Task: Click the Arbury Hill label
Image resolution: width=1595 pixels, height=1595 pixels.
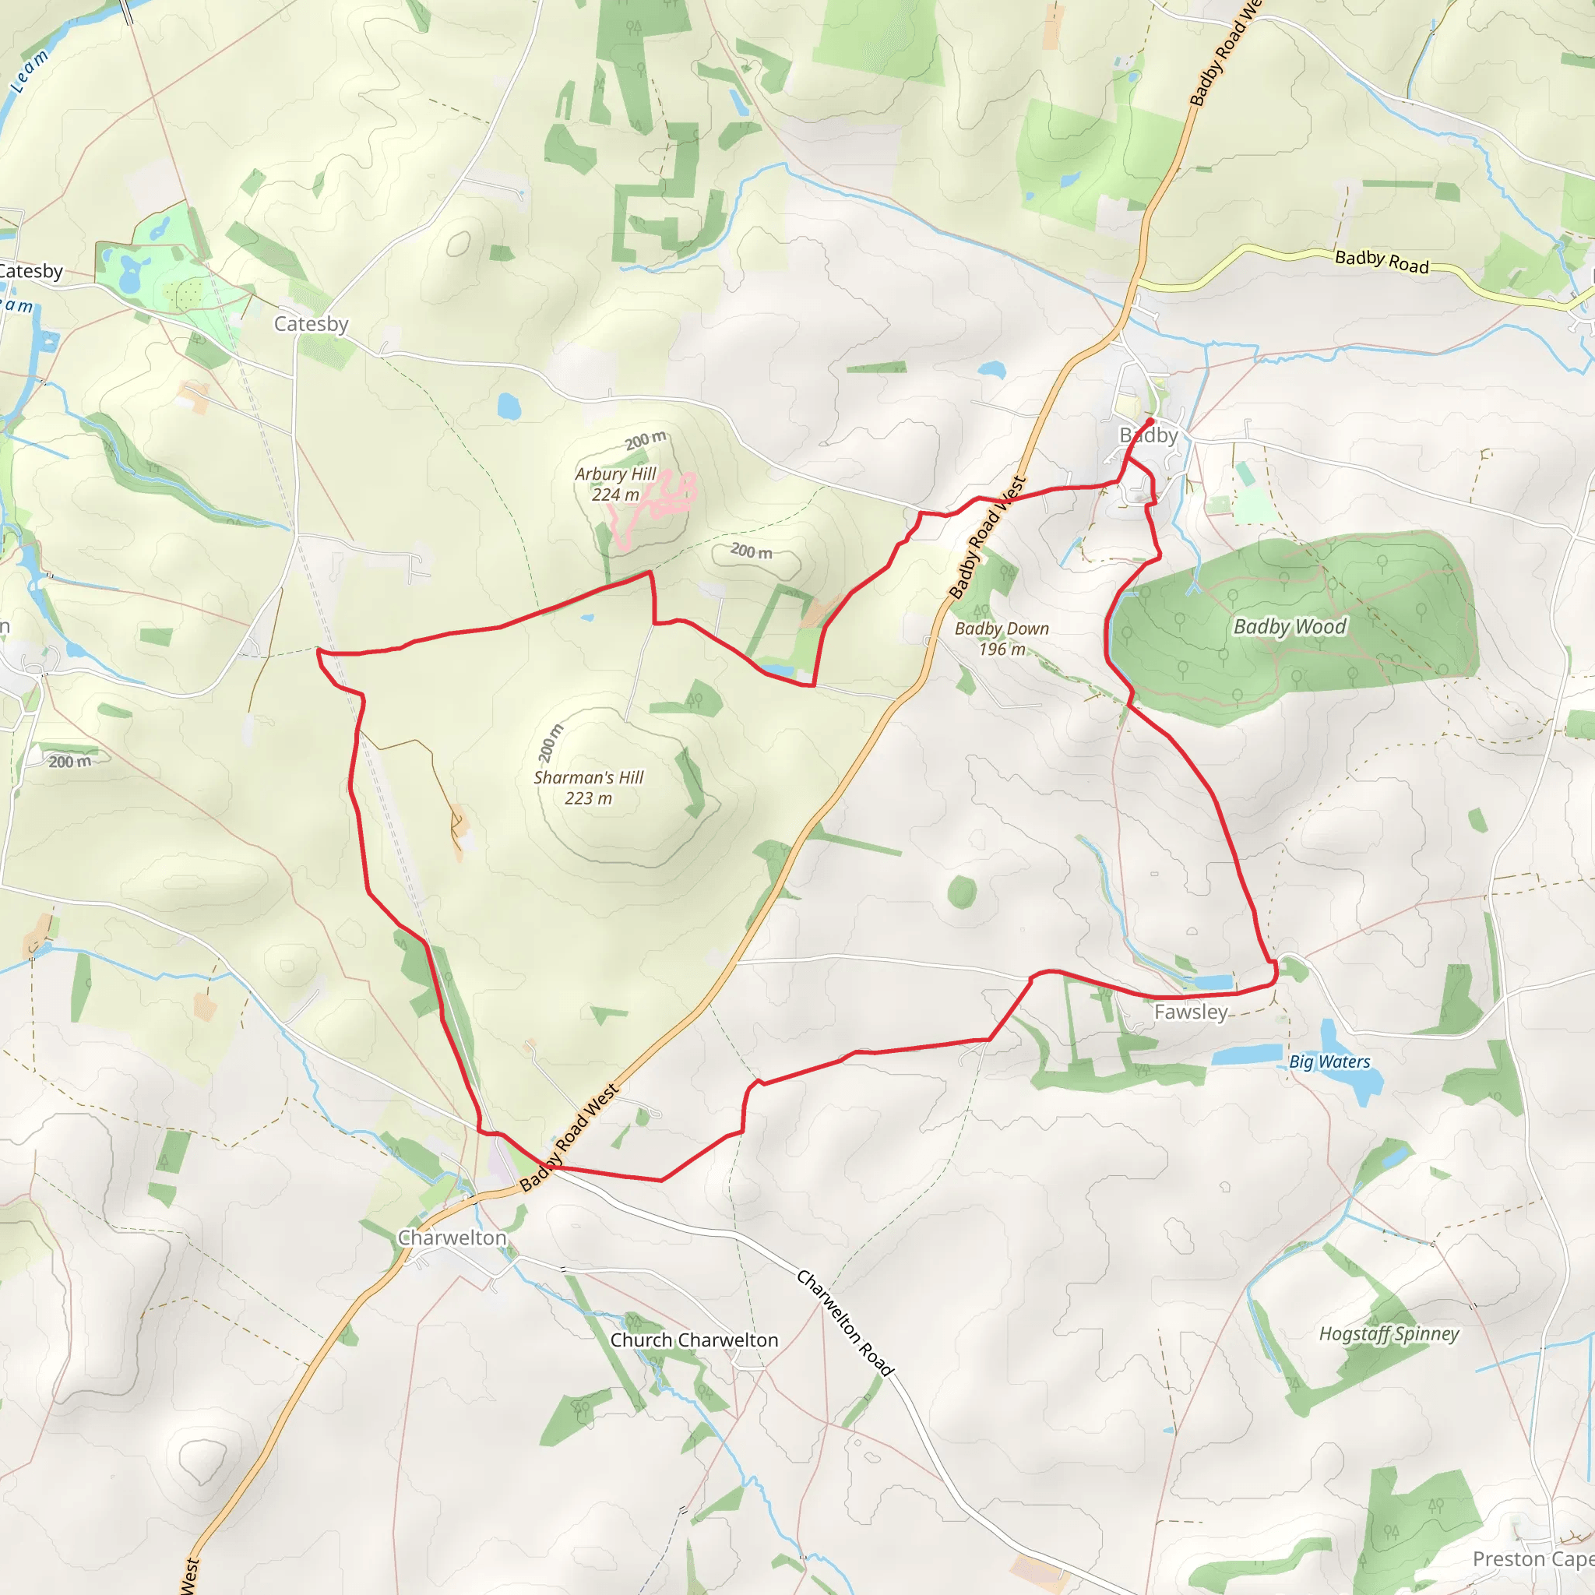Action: point(615,474)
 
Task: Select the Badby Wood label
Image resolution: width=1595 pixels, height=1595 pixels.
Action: point(1290,627)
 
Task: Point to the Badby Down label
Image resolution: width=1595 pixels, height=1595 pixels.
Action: point(1002,628)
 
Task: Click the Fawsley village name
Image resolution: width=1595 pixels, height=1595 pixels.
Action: point(1191,1012)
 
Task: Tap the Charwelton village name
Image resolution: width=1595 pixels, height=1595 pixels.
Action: point(452,1238)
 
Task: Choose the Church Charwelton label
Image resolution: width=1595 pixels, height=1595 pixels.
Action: point(693,1340)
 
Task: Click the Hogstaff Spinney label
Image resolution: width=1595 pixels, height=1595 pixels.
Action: point(1389,1334)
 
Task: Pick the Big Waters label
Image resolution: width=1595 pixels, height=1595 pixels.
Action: point(1329,1062)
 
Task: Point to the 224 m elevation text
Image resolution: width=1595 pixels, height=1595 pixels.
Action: point(615,495)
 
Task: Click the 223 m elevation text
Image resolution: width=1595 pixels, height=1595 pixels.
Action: point(588,798)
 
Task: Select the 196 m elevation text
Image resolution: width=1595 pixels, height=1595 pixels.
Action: point(1002,650)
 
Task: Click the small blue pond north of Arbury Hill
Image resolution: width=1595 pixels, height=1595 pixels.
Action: point(509,405)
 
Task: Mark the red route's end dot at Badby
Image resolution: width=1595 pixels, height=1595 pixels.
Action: point(1150,421)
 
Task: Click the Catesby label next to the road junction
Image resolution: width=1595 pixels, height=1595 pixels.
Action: point(311,324)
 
